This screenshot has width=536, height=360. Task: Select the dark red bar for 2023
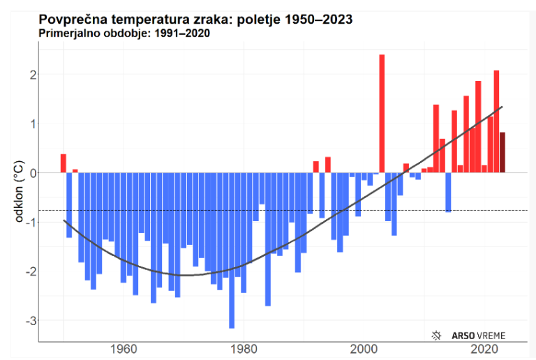coord(502,152)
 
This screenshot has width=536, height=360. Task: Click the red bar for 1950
coord(63,163)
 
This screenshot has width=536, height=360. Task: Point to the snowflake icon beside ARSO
coord(437,335)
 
